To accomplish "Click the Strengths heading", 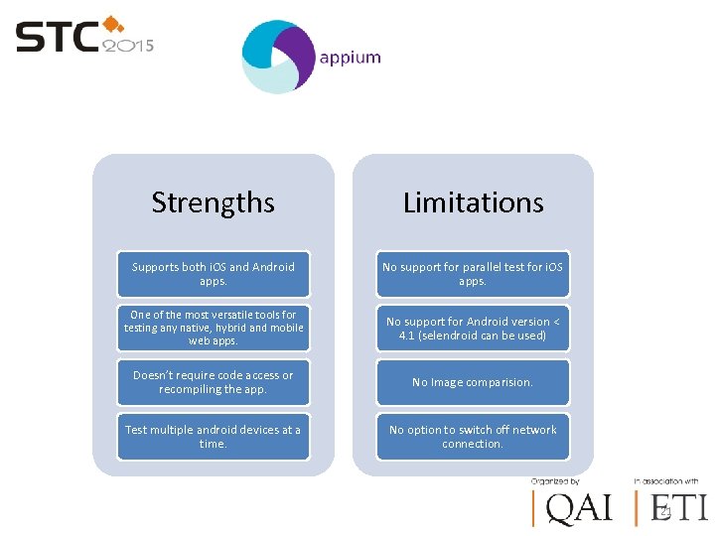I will [213, 202].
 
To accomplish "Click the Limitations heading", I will [473, 202].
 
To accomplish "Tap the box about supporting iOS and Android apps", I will [214, 274].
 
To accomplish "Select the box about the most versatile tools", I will [214, 328].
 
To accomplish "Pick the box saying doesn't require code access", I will [214, 382].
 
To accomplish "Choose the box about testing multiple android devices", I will [214, 437].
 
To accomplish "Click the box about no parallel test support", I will [473, 274].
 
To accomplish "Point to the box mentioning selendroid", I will [473, 328].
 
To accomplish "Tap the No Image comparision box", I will [473, 382].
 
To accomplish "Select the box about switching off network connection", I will [473, 437].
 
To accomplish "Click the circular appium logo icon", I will [278, 58].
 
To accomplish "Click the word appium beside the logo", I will [350, 58].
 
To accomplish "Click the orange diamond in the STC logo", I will [113, 23].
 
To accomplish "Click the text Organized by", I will [554, 481].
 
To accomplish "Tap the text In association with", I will [665, 481].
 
